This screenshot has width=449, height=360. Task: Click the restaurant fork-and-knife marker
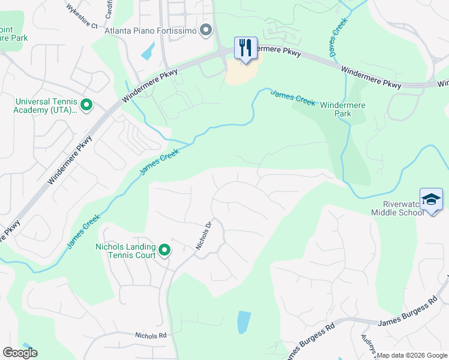click(245, 48)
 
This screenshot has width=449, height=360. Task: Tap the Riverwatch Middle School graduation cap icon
click(431, 199)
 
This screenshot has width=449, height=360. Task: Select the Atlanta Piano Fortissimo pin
click(206, 30)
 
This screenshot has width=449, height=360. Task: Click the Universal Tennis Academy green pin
click(86, 106)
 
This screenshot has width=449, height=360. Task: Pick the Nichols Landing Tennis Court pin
click(164, 251)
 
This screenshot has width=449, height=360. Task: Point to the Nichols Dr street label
click(204, 236)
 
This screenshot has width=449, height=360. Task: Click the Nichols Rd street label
click(149, 335)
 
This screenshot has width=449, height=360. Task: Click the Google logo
click(20, 353)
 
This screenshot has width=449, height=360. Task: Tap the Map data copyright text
click(412, 355)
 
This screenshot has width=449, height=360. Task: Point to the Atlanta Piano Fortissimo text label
click(151, 30)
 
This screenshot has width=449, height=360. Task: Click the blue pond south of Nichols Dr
click(244, 322)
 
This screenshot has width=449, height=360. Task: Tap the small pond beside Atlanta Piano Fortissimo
click(148, 51)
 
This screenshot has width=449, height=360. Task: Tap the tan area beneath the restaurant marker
click(242, 74)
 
